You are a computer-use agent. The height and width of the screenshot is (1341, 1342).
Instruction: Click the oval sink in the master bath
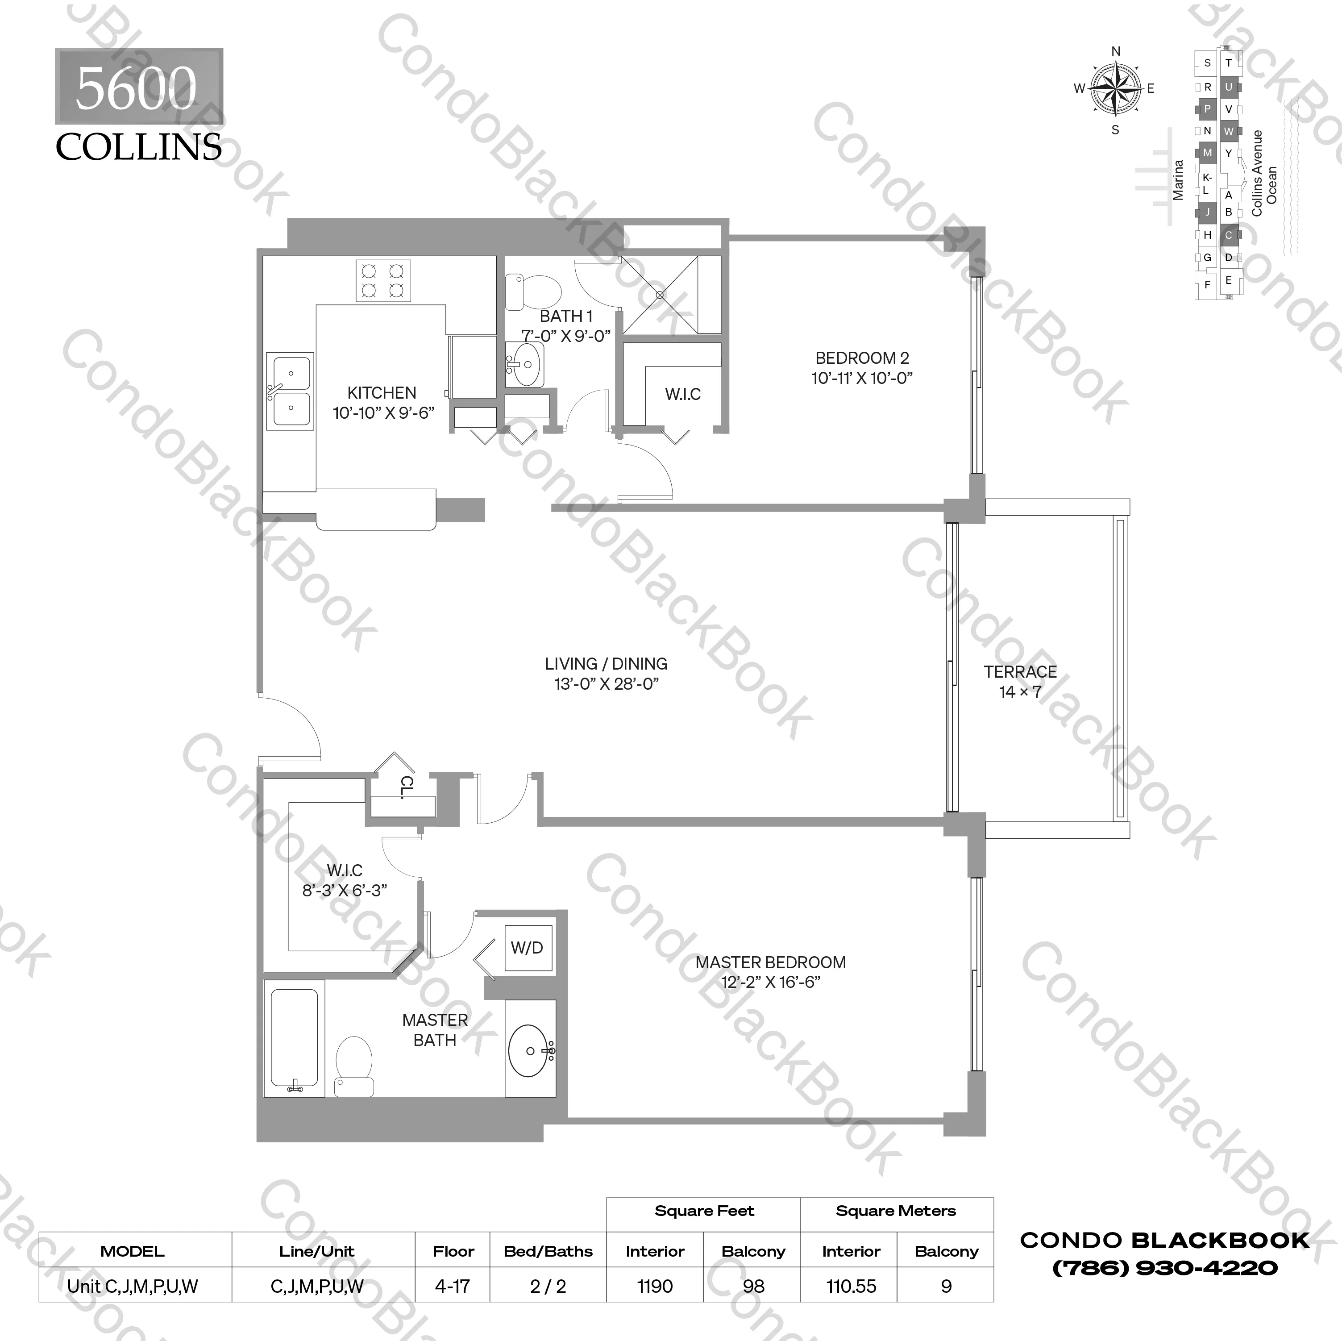(x=532, y=1050)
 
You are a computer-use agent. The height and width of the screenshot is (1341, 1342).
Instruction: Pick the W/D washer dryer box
(x=527, y=948)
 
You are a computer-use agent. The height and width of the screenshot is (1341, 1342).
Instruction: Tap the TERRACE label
(x=1020, y=672)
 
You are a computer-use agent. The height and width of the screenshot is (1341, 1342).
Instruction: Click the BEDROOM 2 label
(x=861, y=358)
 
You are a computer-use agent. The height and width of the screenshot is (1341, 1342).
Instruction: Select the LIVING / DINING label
(x=606, y=663)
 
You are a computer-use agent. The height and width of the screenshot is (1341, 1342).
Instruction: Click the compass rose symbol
(x=1115, y=89)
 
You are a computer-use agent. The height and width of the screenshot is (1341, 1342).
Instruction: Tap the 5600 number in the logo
(x=136, y=88)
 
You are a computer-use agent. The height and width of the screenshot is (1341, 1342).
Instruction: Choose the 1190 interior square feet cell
(x=654, y=1286)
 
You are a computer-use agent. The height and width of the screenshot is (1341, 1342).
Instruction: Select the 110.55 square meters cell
(x=851, y=1286)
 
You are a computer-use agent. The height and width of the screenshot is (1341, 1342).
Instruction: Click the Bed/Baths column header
(x=548, y=1251)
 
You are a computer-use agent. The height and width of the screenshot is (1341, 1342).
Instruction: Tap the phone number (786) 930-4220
(x=1165, y=1268)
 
